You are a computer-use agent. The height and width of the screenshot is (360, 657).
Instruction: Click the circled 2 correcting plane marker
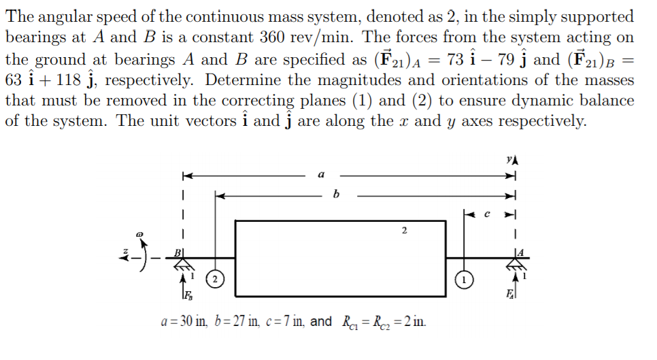tap(215, 280)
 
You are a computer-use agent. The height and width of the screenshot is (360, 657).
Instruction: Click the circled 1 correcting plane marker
tap(464, 279)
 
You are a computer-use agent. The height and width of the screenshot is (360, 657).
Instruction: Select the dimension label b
tap(334, 195)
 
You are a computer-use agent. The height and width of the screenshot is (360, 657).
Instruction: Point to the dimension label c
tap(486, 214)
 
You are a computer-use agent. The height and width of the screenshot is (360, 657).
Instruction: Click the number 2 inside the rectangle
tap(404, 231)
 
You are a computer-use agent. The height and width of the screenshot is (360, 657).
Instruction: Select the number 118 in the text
tap(67, 80)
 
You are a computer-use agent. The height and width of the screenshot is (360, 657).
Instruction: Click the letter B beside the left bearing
tap(179, 252)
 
